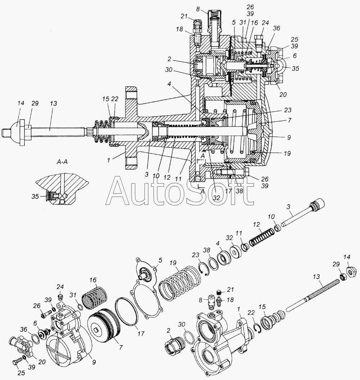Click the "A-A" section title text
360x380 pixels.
click(x=62, y=162)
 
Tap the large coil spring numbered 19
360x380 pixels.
click(x=180, y=282)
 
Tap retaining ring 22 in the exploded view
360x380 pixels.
click(x=258, y=328)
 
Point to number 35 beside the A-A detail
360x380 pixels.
click(x=35, y=196)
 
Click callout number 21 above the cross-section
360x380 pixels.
click(x=184, y=16)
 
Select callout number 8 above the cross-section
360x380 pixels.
click(x=198, y=9)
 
